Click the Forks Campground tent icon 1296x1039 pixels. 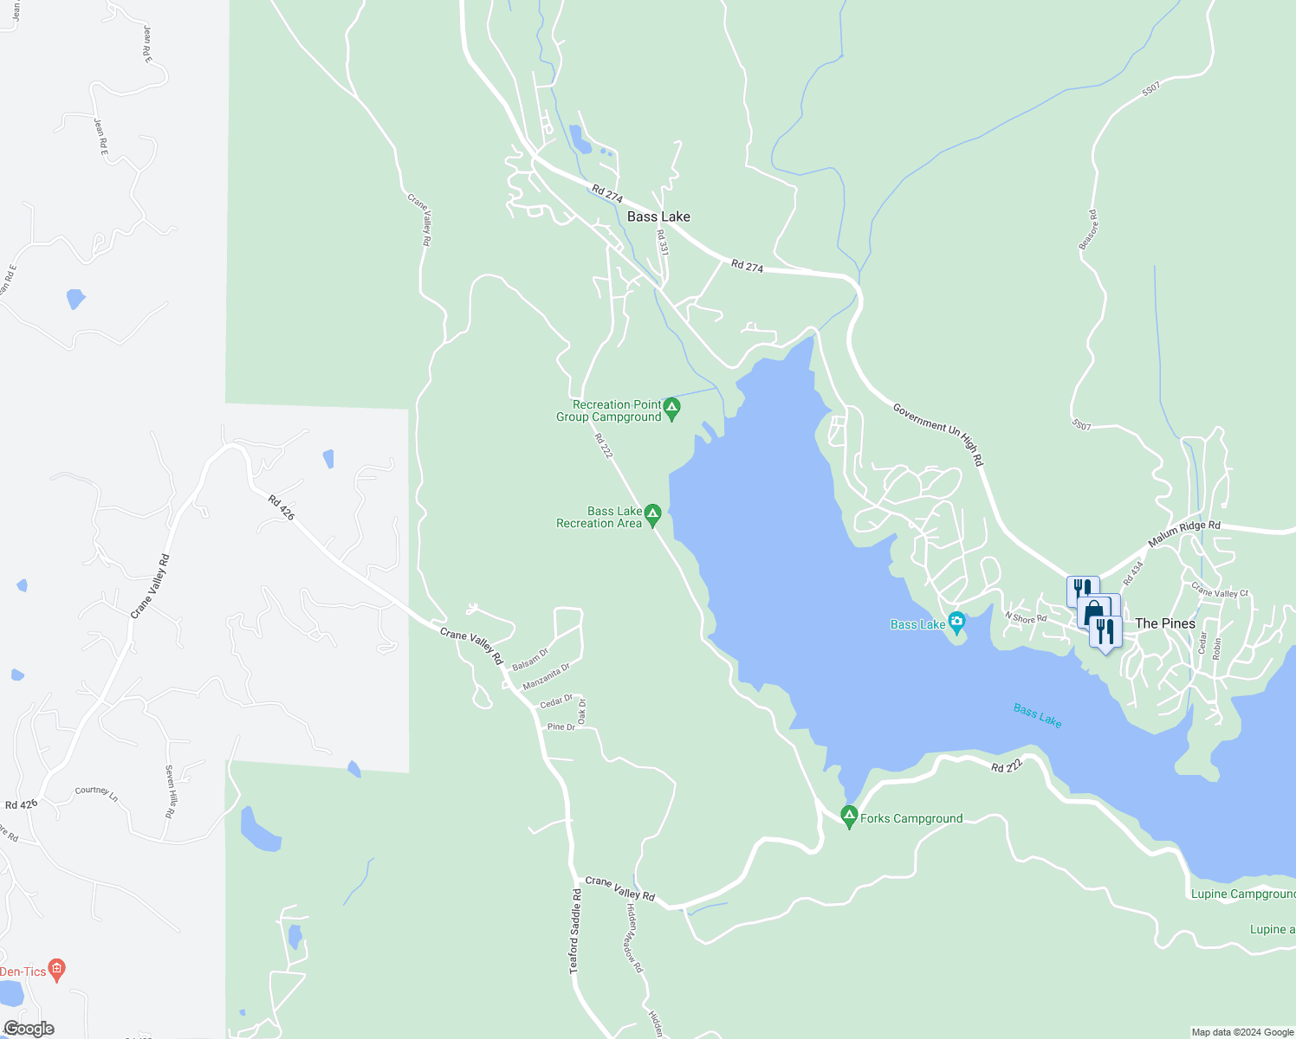849,816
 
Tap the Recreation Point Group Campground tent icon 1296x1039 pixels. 671,407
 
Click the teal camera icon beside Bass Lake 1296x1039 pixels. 956,621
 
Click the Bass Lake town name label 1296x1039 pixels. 658,216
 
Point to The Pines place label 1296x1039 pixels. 1164,623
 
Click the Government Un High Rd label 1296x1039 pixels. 938,434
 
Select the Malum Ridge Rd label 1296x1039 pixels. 1183,533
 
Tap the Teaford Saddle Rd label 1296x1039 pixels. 575,931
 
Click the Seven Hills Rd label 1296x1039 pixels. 172,791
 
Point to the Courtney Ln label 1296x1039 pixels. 96,791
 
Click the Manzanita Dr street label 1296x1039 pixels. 547,677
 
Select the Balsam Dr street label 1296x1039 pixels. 530,660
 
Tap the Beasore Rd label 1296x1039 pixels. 1088,230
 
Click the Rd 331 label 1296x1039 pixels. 663,242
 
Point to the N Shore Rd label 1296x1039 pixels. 1026,618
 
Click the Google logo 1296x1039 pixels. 29,1029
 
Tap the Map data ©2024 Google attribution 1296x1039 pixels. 1242,1032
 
